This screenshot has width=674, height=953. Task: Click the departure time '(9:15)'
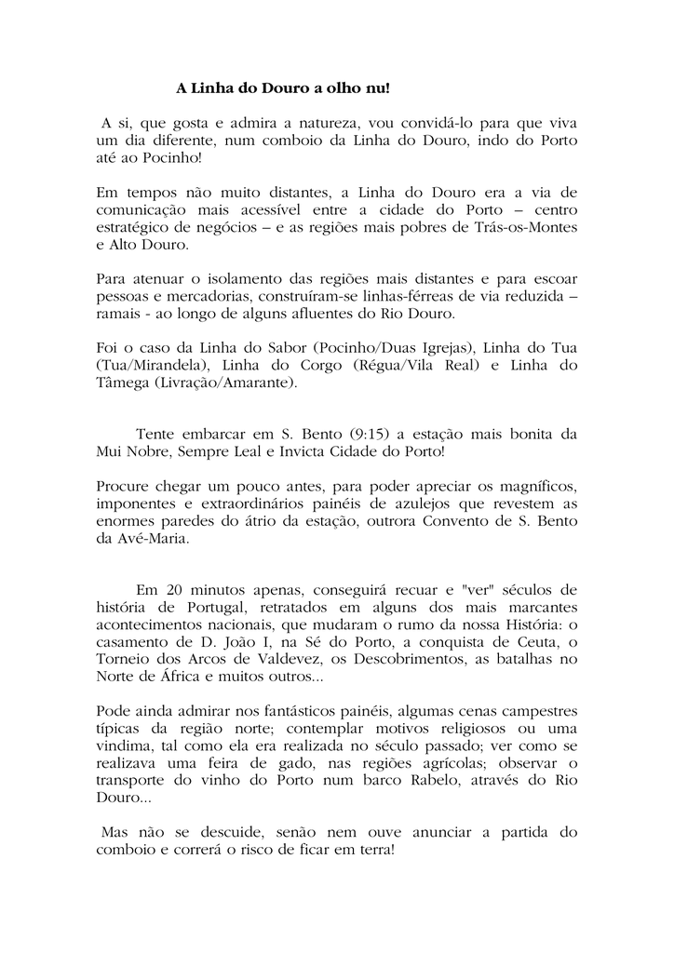372,434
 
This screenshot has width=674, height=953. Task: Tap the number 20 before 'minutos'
175,590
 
